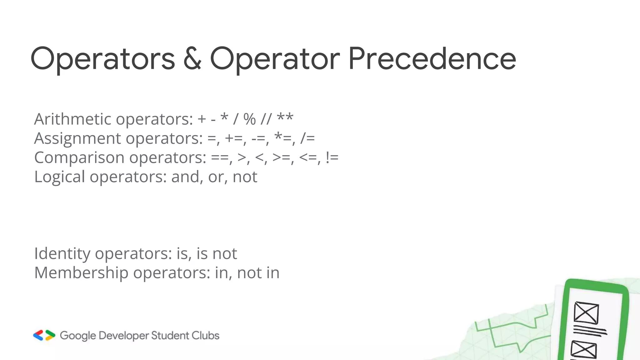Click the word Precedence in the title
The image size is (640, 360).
coord(432,59)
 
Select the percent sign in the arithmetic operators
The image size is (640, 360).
coord(249,119)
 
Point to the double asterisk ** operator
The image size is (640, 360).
coord(285,118)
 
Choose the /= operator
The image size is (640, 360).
coord(307,138)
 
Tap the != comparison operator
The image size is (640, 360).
coord(332,158)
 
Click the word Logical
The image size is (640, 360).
coord(59,177)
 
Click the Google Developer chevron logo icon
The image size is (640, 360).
coord(44,335)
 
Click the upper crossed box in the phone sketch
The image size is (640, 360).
coord(586,313)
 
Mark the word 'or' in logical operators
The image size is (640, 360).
coord(216,177)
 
